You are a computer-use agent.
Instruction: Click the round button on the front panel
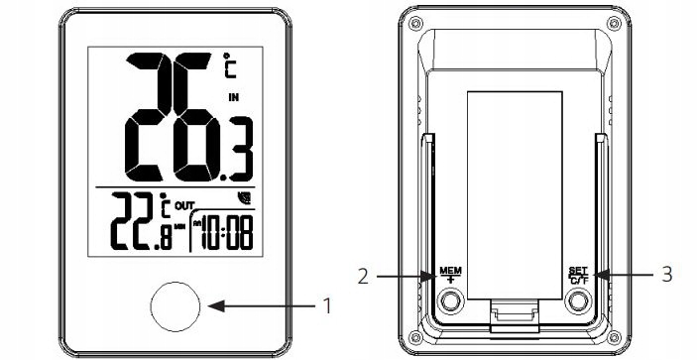(175, 306)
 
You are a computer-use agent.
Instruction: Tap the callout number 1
(327, 306)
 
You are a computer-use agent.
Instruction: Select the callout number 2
(363, 277)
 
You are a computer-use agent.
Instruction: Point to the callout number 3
(666, 275)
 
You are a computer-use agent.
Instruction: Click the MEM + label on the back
(450, 276)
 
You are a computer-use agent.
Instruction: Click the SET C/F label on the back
(578, 276)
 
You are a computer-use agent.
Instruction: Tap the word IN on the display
(233, 98)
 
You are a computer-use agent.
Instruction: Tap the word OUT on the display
(184, 206)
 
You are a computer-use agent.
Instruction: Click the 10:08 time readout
(227, 233)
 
